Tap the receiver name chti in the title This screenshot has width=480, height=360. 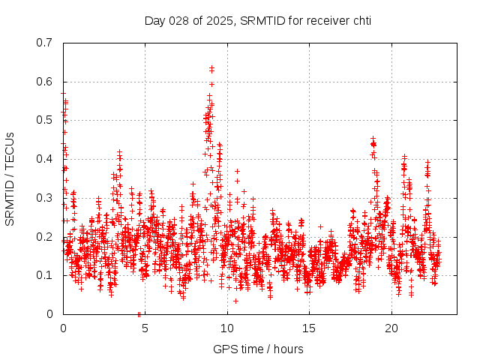click(359, 19)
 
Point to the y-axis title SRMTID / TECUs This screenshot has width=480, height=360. click(10, 178)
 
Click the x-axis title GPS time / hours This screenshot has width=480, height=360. click(258, 349)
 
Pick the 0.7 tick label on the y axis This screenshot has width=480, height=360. click(44, 43)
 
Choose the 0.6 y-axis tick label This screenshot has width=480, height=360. click(44, 82)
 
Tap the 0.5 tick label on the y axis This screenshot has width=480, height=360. click(44, 120)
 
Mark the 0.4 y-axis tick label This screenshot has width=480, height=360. click(44, 159)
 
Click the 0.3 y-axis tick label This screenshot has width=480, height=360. click(44, 198)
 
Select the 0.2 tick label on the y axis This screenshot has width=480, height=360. click(44, 236)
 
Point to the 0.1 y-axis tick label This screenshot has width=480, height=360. click(44, 275)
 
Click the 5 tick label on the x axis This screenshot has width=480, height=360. click(145, 328)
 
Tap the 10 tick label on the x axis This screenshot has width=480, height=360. click(227, 328)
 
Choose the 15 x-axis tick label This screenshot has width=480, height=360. click(309, 328)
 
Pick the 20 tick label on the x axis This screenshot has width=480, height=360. click(391, 328)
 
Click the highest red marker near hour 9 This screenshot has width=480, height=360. click(211, 68)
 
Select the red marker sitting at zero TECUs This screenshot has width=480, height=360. click(139, 313)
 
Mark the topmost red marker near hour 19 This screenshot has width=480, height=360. click(373, 139)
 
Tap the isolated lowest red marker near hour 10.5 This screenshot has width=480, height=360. click(235, 301)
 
